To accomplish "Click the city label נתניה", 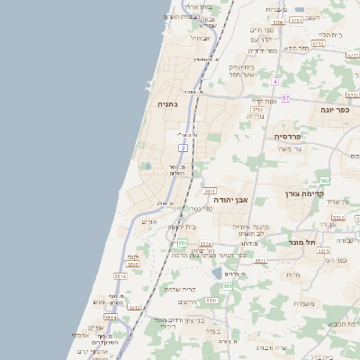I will click(x=168, y=104).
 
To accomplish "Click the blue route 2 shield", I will click(x=183, y=147).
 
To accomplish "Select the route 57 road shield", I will click(x=285, y=97).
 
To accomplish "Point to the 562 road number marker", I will click(x=324, y=181).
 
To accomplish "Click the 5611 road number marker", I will click(x=210, y=191).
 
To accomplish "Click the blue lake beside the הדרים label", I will click(x=217, y=273).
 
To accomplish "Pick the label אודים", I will click(x=150, y=221).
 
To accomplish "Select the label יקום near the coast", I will click(x=134, y=257).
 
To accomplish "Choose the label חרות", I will click(x=292, y=274).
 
